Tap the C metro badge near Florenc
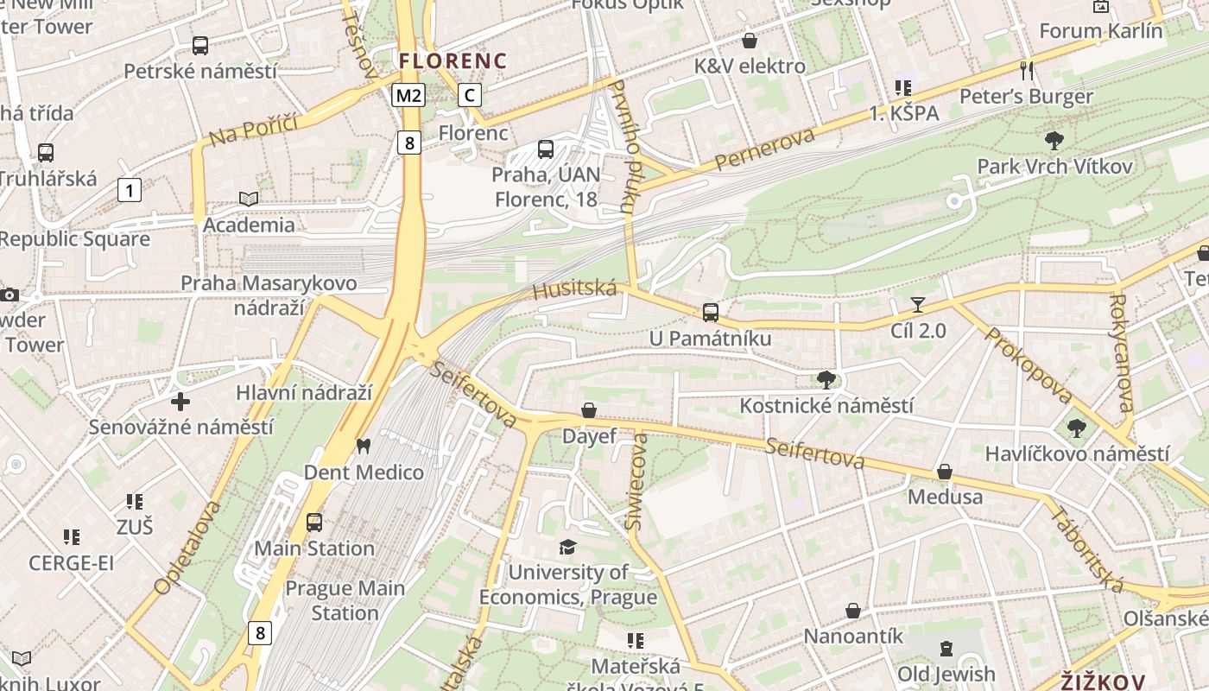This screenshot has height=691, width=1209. coord(469,95)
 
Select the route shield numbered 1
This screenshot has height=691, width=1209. coord(130,190)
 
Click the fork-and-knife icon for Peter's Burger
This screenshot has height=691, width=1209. coord(1026,70)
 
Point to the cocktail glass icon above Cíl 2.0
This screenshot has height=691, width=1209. coord(917,305)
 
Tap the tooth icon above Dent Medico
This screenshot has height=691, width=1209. coord(363,447)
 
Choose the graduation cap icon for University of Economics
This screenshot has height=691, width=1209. coord(567,547)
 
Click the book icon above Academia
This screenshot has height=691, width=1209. coord(249,199)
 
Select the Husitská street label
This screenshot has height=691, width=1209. coord(574,289)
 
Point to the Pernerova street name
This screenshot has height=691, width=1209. coord(764,149)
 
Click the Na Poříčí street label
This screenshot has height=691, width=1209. coord(253,130)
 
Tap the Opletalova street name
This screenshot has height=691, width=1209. coord(187,547)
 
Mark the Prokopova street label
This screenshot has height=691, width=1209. coord(1028,365)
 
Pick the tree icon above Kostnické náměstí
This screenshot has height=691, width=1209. coord(826,379)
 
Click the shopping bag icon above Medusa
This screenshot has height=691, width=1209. coord(945,472)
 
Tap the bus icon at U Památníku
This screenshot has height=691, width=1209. coord(710,313)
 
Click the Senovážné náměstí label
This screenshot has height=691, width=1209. coord(181,427)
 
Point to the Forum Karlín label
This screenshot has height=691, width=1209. coord(1100,31)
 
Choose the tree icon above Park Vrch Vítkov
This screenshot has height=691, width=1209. coord(1054,140)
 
